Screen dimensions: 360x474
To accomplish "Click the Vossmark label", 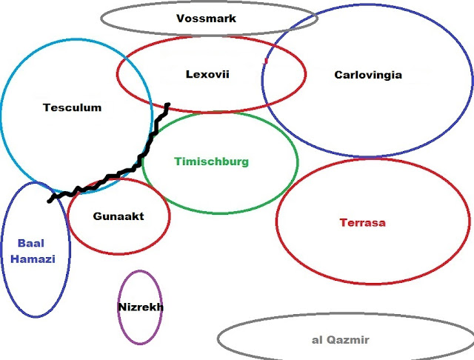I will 207,19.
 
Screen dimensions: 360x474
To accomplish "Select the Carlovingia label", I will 368,75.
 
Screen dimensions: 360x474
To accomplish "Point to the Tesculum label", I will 72,107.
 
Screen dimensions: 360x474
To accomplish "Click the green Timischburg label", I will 212,161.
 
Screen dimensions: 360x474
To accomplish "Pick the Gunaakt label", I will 118,216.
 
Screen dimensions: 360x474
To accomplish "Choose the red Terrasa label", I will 362,222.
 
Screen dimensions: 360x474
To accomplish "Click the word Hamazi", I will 36,260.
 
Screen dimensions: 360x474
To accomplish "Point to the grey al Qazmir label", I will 341,340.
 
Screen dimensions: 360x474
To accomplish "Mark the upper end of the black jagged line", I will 168,105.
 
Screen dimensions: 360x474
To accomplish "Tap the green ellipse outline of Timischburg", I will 298,161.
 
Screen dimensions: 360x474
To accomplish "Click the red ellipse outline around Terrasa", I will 276,222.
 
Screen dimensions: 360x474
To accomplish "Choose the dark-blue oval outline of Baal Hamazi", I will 2,252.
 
